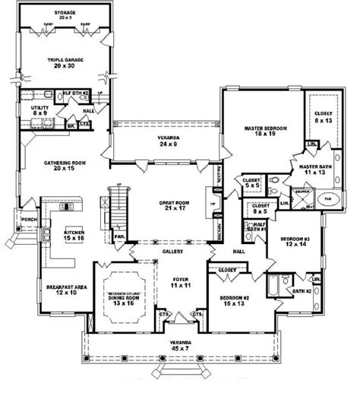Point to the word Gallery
[x=170, y=250]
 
